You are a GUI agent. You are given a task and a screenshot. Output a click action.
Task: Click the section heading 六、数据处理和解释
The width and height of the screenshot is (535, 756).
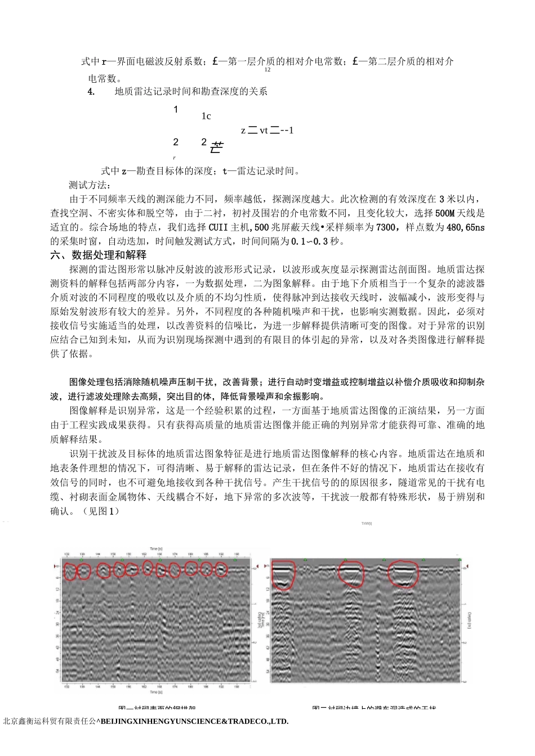click(x=99, y=255)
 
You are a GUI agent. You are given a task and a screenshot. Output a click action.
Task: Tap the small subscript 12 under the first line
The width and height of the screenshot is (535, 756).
click(x=267, y=70)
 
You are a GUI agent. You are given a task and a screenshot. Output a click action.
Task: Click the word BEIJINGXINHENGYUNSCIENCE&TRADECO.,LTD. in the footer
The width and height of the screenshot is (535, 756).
click(x=194, y=721)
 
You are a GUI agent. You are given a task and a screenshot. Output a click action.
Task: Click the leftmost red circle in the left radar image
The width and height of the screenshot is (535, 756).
click(x=69, y=571)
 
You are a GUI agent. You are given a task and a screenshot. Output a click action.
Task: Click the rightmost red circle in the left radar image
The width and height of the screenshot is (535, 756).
click(x=221, y=569)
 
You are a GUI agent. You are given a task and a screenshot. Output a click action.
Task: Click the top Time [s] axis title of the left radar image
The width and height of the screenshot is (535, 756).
click(x=156, y=548)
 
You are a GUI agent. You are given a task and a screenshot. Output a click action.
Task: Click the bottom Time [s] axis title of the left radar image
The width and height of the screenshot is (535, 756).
click(x=156, y=692)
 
